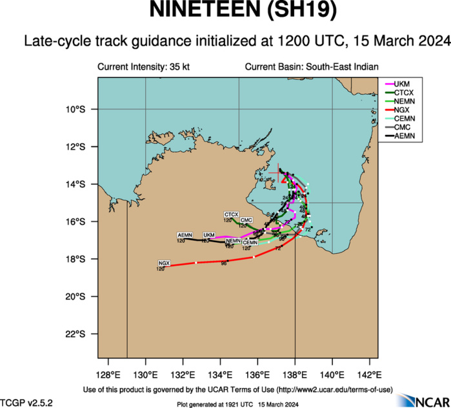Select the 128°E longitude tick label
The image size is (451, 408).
pos(108,374)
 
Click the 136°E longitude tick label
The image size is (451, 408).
pos(257,374)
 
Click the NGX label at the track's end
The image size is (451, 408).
pos(164,263)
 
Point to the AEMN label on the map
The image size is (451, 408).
pos(185,235)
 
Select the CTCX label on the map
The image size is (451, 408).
pos(232,214)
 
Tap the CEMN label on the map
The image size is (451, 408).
pos(250,243)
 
